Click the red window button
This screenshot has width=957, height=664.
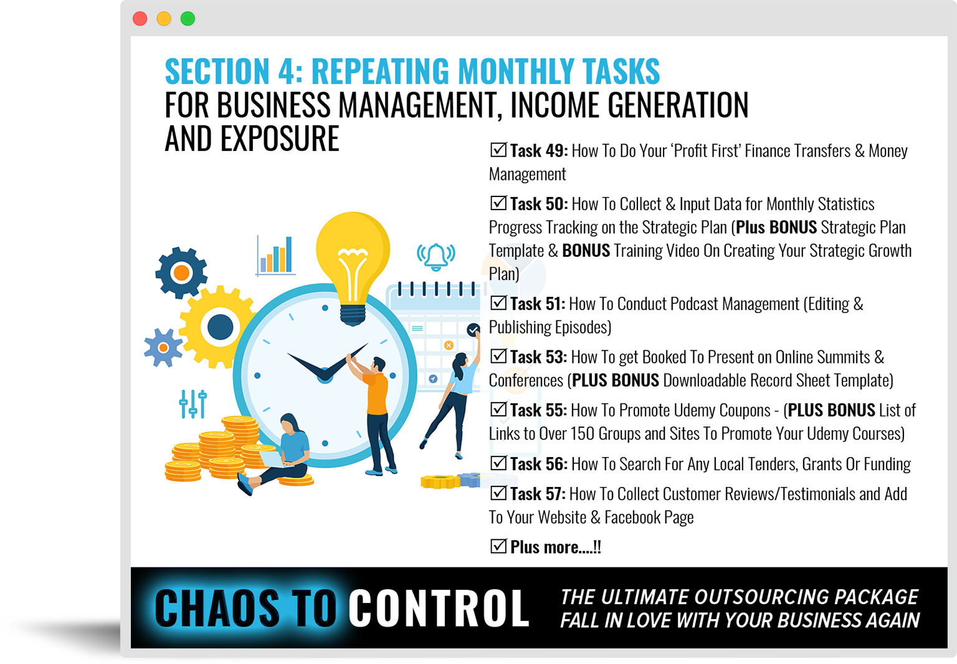pyautogui.click(x=140, y=19)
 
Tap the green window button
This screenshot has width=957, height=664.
pyautogui.click(x=188, y=19)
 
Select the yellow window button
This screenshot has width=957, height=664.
pyautogui.click(x=164, y=19)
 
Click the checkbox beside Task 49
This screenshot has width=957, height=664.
pyautogui.click(x=498, y=150)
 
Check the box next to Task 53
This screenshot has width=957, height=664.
pyautogui.click(x=498, y=356)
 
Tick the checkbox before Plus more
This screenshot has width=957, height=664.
pyautogui.click(x=498, y=546)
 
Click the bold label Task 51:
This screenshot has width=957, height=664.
pyautogui.click(x=538, y=304)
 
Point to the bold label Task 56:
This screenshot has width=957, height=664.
pyautogui.click(x=539, y=464)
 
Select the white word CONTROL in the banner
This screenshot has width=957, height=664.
pyautogui.click(x=439, y=608)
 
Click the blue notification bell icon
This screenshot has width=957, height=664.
pyautogui.click(x=436, y=256)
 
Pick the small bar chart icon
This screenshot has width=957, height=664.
pyautogui.click(x=275, y=255)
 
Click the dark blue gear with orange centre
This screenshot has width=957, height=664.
pyautogui.click(x=181, y=272)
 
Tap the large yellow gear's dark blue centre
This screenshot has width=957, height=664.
pyautogui.click(x=220, y=327)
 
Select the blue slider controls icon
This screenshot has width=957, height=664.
pyautogui.click(x=193, y=403)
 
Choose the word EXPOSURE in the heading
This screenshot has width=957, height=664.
pyautogui.click(x=279, y=138)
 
